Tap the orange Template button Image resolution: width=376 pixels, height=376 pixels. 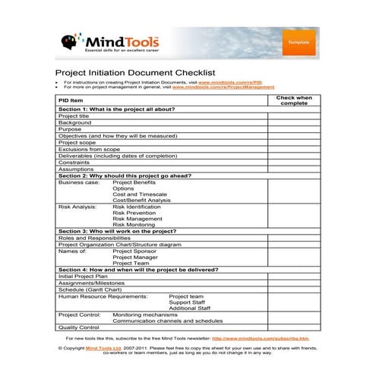298,43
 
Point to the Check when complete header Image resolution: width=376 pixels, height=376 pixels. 294,100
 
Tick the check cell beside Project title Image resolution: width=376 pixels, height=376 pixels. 294,115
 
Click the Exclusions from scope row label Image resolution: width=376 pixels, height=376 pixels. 89,149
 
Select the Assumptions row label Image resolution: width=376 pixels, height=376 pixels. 76,169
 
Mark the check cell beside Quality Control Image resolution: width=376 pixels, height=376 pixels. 294,327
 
